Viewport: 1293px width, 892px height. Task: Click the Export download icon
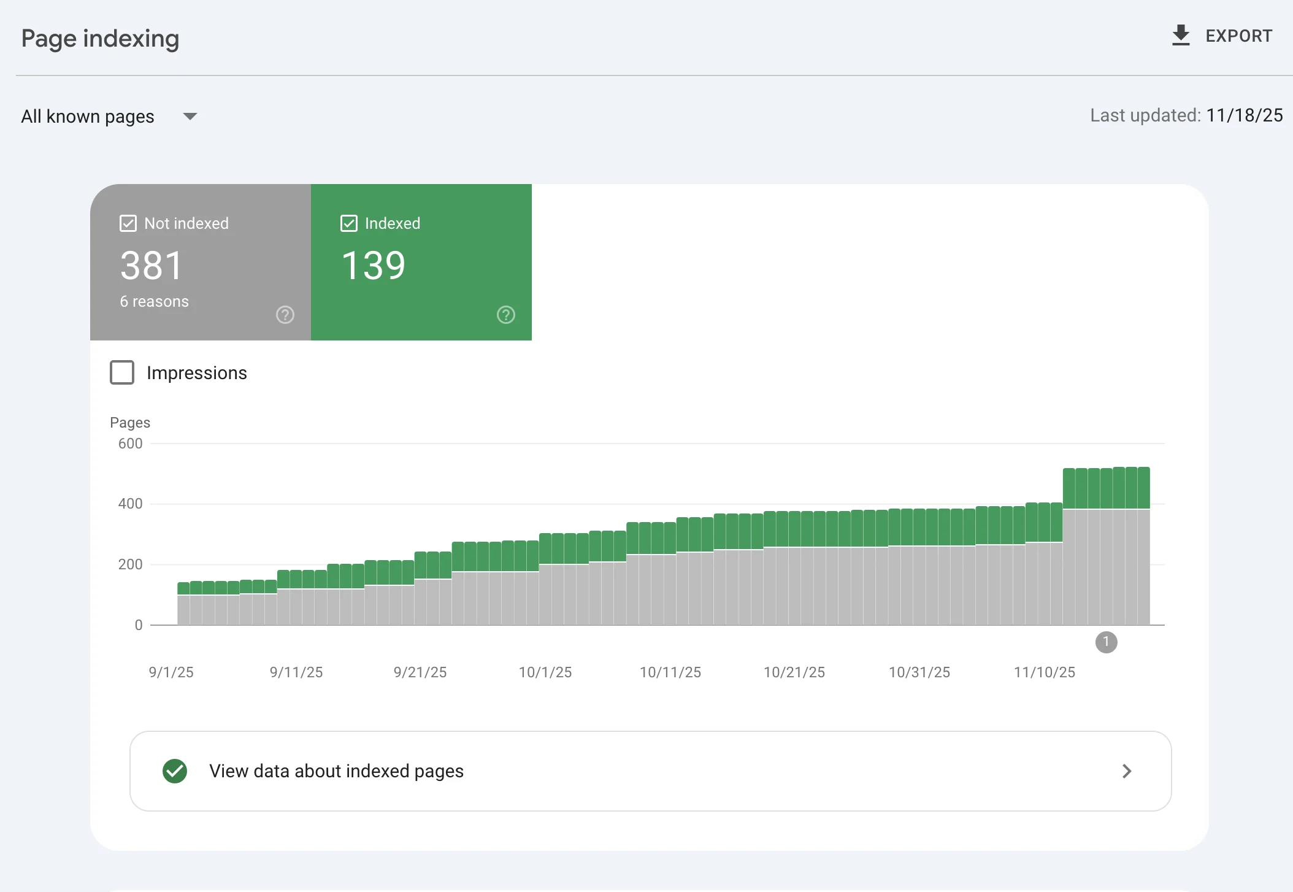(1181, 36)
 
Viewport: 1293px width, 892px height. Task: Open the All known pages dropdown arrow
(190, 117)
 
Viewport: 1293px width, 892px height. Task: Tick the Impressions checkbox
(122, 372)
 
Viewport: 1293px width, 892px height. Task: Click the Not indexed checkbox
(128, 223)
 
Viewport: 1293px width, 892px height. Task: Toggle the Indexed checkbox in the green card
(349, 223)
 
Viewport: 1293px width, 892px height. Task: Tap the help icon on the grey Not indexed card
(285, 315)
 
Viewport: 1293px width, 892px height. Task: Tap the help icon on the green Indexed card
(506, 315)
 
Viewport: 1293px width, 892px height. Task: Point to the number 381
(152, 266)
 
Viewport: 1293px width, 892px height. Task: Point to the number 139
(374, 266)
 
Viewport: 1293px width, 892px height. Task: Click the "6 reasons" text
(155, 301)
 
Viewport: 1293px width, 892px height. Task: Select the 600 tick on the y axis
(130, 444)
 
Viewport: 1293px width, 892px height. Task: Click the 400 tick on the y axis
(130, 504)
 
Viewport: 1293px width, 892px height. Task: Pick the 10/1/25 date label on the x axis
(545, 672)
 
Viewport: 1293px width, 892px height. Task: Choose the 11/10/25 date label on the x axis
(1045, 672)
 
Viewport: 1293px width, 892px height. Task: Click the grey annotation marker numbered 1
(1107, 642)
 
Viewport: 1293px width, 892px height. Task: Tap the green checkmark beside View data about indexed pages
(175, 771)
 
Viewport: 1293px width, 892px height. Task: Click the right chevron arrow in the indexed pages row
(1127, 771)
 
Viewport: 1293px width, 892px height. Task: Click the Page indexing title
(101, 39)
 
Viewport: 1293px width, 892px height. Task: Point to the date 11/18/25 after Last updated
(1245, 115)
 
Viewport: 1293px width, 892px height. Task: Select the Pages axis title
(130, 423)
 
